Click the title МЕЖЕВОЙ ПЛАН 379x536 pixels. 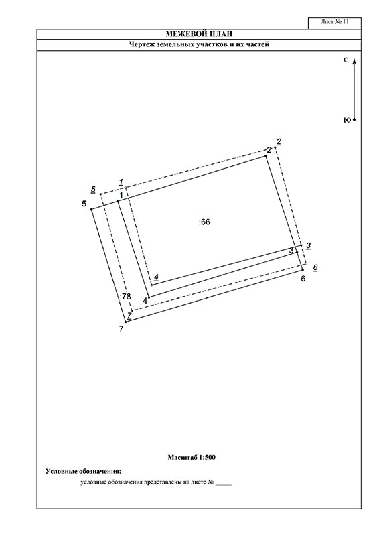(x=199, y=34)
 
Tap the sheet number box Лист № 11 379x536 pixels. (x=335, y=23)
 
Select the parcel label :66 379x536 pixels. (x=204, y=222)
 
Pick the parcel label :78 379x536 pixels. (x=125, y=296)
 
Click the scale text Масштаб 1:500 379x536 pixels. (x=192, y=457)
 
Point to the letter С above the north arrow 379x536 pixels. (x=346, y=60)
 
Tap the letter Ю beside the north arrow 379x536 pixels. (x=347, y=120)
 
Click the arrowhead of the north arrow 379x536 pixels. (x=354, y=61)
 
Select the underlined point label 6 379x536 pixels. (x=315, y=267)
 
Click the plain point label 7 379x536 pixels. (x=121, y=329)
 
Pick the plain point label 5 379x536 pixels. (x=84, y=204)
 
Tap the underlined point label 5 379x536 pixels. (x=93, y=190)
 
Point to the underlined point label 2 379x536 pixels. (x=279, y=141)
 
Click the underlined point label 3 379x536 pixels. (x=308, y=245)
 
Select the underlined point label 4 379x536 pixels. (x=156, y=277)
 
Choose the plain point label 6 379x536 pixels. (x=303, y=279)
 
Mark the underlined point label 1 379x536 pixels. (x=121, y=182)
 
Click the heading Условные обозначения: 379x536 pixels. (x=84, y=472)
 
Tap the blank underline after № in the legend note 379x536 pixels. (x=224, y=484)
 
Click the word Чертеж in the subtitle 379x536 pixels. (x=141, y=44)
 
